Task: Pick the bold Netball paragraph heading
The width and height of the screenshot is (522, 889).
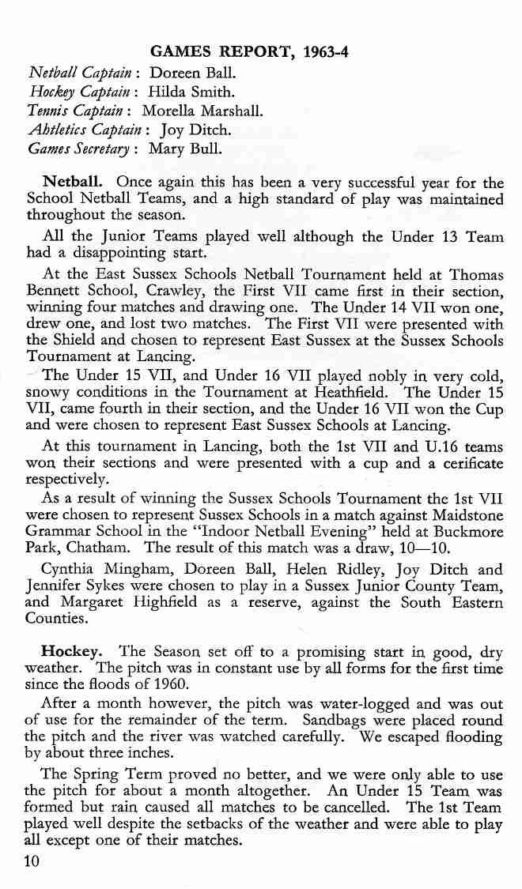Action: click(70, 181)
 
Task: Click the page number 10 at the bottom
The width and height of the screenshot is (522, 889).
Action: click(32, 861)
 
